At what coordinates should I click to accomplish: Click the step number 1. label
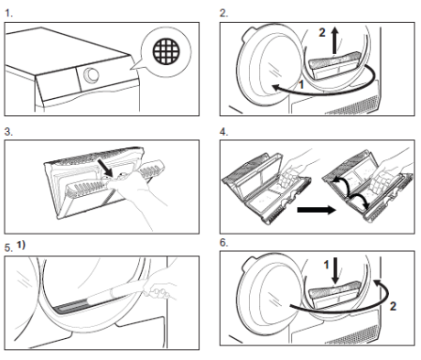pyautogui.click(x=9, y=13)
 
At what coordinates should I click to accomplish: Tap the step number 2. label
pyautogui.click(x=224, y=13)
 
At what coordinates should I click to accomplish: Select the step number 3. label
pyautogui.click(x=9, y=132)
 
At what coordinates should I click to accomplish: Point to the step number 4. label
pyautogui.click(x=224, y=132)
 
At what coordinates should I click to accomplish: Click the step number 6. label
pyautogui.click(x=224, y=243)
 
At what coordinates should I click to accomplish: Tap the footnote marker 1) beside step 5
pyautogui.click(x=21, y=245)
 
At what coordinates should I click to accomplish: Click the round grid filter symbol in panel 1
pyautogui.click(x=167, y=51)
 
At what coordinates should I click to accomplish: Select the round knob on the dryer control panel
pyautogui.click(x=92, y=75)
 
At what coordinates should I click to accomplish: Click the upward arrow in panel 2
pyautogui.click(x=335, y=40)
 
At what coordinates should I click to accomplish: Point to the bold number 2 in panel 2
pyautogui.click(x=322, y=32)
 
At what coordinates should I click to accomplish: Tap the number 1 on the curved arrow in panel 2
pyautogui.click(x=301, y=84)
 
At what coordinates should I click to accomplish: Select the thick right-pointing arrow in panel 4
pyautogui.click(x=317, y=210)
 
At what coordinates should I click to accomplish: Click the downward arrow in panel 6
pyautogui.click(x=335, y=270)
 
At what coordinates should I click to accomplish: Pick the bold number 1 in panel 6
pyautogui.click(x=326, y=265)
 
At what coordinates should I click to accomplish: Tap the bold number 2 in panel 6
pyautogui.click(x=393, y=306)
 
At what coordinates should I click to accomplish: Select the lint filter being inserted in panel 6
pyautogui.click(x=336, y=296)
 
